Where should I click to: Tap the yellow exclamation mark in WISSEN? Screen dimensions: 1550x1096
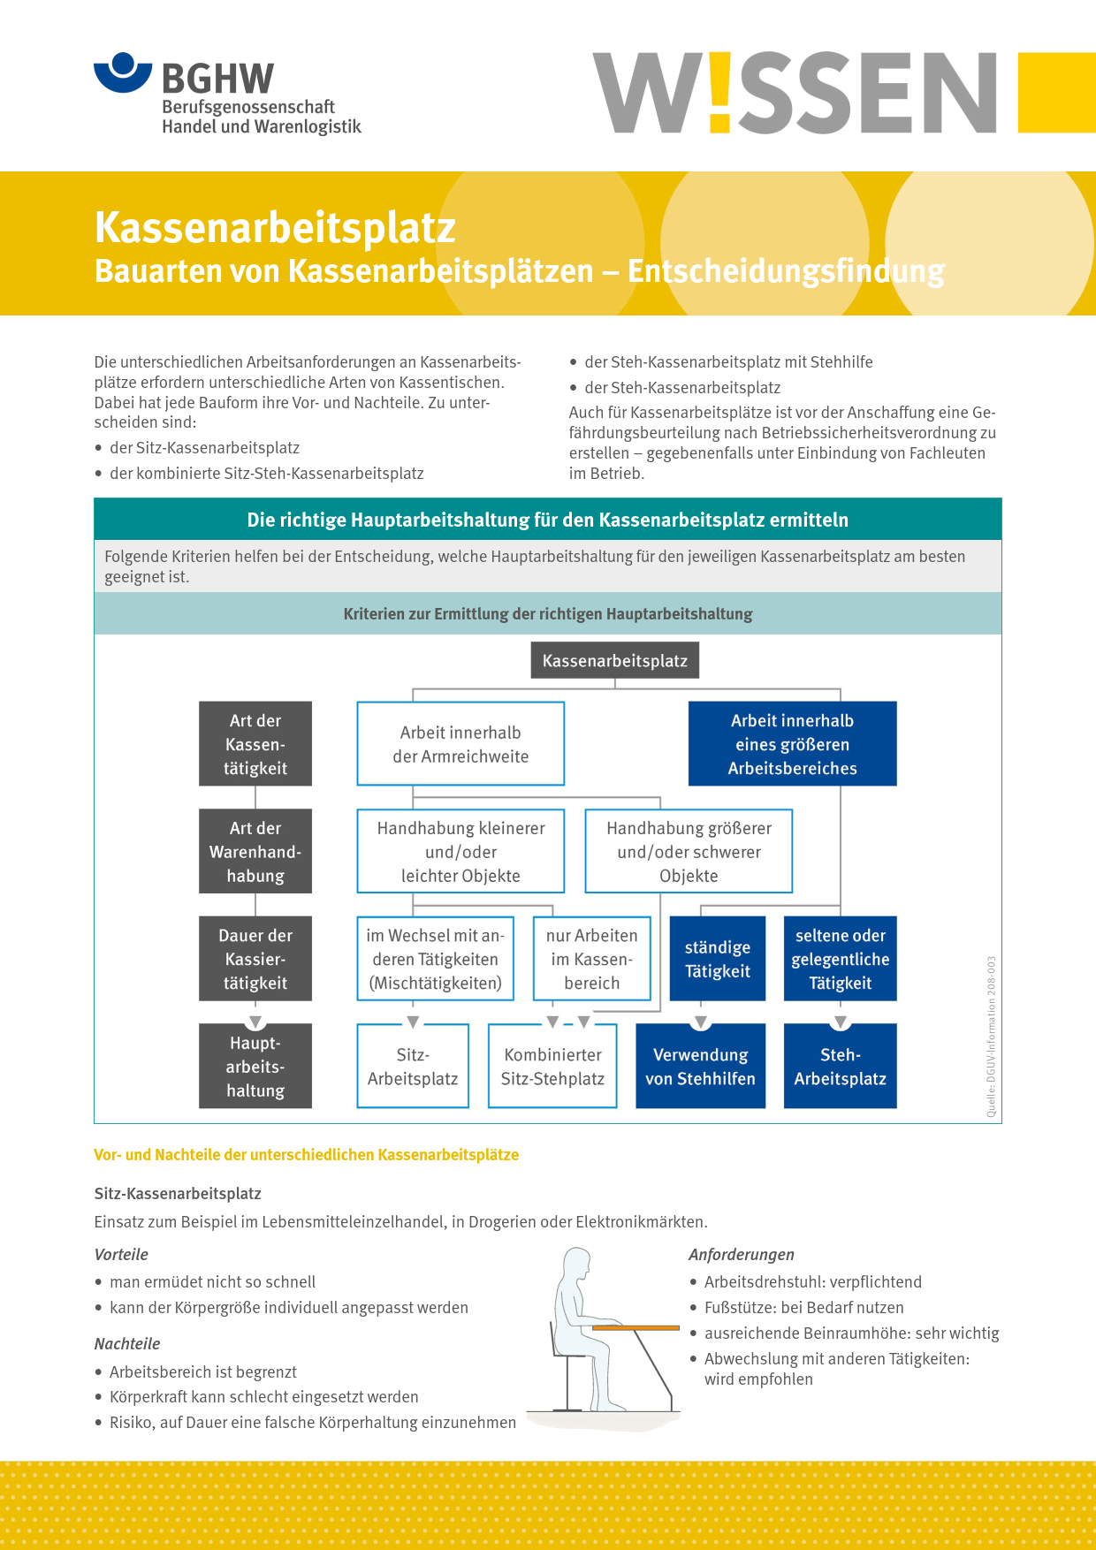coord(720,92)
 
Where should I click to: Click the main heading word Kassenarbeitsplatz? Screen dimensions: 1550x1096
coord(275,227)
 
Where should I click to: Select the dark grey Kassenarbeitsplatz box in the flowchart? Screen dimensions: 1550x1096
coord(614,661)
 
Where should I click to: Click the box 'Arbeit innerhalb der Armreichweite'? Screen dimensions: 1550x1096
coord(460,744)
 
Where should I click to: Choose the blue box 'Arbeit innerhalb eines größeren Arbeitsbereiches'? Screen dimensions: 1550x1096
coord(792,744)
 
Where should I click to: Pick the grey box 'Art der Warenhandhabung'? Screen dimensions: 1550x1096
coord(255,852)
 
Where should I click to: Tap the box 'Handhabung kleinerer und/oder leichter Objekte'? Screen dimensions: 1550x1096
coord(460,852)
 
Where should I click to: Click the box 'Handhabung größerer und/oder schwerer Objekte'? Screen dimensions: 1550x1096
coord(689,852)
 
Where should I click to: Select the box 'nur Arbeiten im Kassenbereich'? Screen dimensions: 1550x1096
coord(591,959)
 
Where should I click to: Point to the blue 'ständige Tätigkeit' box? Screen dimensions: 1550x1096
coord(717,959)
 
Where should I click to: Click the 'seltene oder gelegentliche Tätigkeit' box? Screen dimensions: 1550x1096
coord(840,959)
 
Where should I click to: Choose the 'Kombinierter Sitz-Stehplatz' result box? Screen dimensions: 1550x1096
coord(552,1067)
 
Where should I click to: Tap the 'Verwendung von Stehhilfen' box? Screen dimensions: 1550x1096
coord(700,1067)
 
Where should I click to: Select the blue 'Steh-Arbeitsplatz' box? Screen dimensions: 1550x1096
coord(840,1067)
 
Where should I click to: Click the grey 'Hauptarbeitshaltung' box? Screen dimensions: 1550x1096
coord(255,1067)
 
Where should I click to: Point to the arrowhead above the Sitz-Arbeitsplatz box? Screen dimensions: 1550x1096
coord(413,1022)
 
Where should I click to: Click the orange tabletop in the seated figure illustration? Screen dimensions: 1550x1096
coord(636,1327)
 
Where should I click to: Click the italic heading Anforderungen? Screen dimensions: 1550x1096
coord(741,1255)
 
